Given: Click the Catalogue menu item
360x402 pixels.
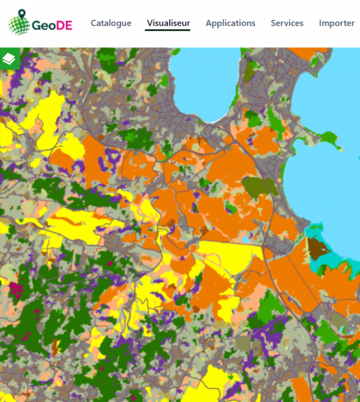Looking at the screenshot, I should [111, 23].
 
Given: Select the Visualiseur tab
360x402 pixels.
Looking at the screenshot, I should [169, 23].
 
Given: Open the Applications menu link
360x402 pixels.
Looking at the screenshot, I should [230, 23].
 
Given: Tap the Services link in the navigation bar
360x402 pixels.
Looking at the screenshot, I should [287, 23].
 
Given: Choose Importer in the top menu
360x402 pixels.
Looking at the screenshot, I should [337, 23].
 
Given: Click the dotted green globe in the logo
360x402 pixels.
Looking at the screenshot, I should [19, 25].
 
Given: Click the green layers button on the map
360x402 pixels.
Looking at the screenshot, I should [10, 58].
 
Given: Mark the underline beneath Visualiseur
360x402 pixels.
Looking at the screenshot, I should [169, 31].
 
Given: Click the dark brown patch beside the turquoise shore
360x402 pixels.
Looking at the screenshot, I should [317, 248].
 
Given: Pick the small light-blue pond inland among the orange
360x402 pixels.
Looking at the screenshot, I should [246, 241].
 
